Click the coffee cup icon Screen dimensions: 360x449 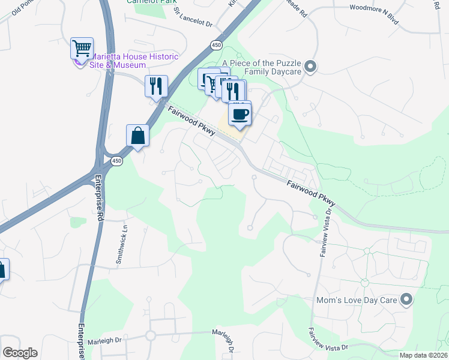[x=240, y=114]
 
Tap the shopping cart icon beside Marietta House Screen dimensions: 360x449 [x=82, y=48]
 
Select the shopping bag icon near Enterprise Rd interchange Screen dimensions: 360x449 [x=138, y=135]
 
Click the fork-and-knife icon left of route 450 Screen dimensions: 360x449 [x=156, y=86]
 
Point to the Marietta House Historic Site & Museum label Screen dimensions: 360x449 [x=134, y=61]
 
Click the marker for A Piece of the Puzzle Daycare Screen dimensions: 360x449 [x=310, y=67]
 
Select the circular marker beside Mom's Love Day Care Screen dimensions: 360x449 [x=406, y=299]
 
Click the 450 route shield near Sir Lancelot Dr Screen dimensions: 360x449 [x=215, y=45]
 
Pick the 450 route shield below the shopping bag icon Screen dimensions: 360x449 [x=116, y=161]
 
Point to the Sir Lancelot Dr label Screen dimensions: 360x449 [x=193, y=19]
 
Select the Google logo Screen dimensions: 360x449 [x=20, y=353]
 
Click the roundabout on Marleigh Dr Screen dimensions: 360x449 [x=150, y=336]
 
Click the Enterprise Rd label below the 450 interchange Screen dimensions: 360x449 [x=98, y=198]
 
